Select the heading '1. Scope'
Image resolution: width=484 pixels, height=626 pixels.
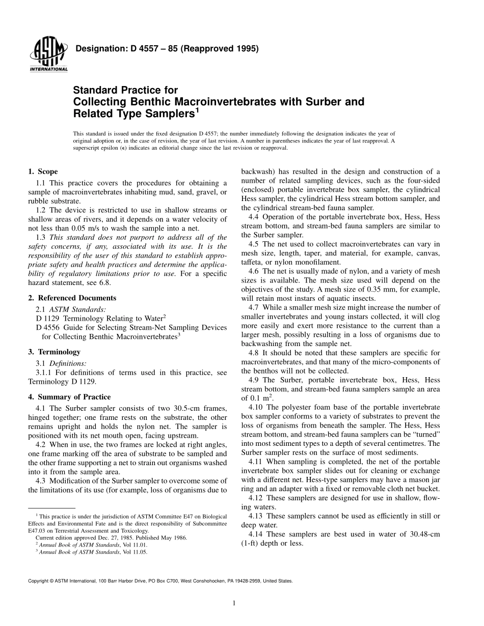pyautogui.click(x=43, y=172)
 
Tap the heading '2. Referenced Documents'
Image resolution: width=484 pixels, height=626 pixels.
pyautogui.click(x=72, y=298)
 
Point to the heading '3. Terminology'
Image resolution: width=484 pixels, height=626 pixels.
pyautogui.click(x=54, y=352)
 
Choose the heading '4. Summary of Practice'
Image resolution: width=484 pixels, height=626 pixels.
pyautogui.click(x=69, y=397)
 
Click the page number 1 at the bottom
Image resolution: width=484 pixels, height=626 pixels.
pyautogui.click(x=233, y=604)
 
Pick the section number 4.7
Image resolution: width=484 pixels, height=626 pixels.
pyautogui.click(x=254, y=307)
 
